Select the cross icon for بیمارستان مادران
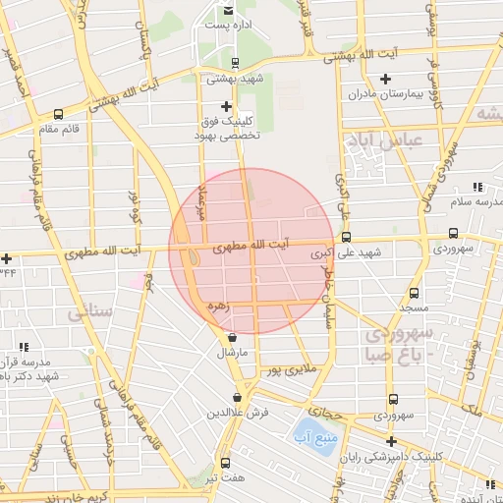385,79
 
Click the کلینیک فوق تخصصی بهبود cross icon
226,106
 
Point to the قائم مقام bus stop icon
58,114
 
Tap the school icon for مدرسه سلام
476,187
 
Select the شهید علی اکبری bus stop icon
345,237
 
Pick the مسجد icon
414,293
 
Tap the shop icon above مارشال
231,336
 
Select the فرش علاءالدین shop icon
237,398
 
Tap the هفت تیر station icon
226,463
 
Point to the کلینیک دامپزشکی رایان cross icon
391,442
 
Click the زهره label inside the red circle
217,307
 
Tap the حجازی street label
323,412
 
